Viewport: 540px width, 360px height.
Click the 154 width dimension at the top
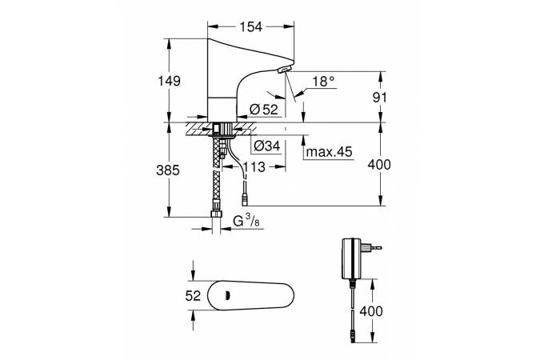[250, 26]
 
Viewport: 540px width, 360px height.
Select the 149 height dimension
[169, 81]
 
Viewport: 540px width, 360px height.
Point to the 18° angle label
[323, 82]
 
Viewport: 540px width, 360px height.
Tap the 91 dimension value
[380, 98]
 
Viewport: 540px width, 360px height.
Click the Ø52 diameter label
[264, 110]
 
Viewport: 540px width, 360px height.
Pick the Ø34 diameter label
[267, 146]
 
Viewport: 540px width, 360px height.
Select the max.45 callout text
[330, 151]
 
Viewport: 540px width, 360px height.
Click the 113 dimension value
[254, 167]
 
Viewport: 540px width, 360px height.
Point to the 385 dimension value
[168, 170]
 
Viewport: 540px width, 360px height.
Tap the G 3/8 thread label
[246, 221]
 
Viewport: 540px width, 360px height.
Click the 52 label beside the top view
[193, 295]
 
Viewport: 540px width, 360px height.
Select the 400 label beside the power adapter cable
[371, 311]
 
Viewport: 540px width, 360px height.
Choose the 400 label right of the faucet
[379, 165]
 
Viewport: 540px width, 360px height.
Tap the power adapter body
[351, 258]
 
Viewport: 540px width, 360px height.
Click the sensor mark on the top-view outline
[227, 295]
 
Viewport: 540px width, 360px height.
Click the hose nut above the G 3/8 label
[216, 214]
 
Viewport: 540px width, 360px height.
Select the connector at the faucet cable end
[245, 200]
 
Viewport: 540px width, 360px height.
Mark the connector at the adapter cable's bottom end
[352, 336]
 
